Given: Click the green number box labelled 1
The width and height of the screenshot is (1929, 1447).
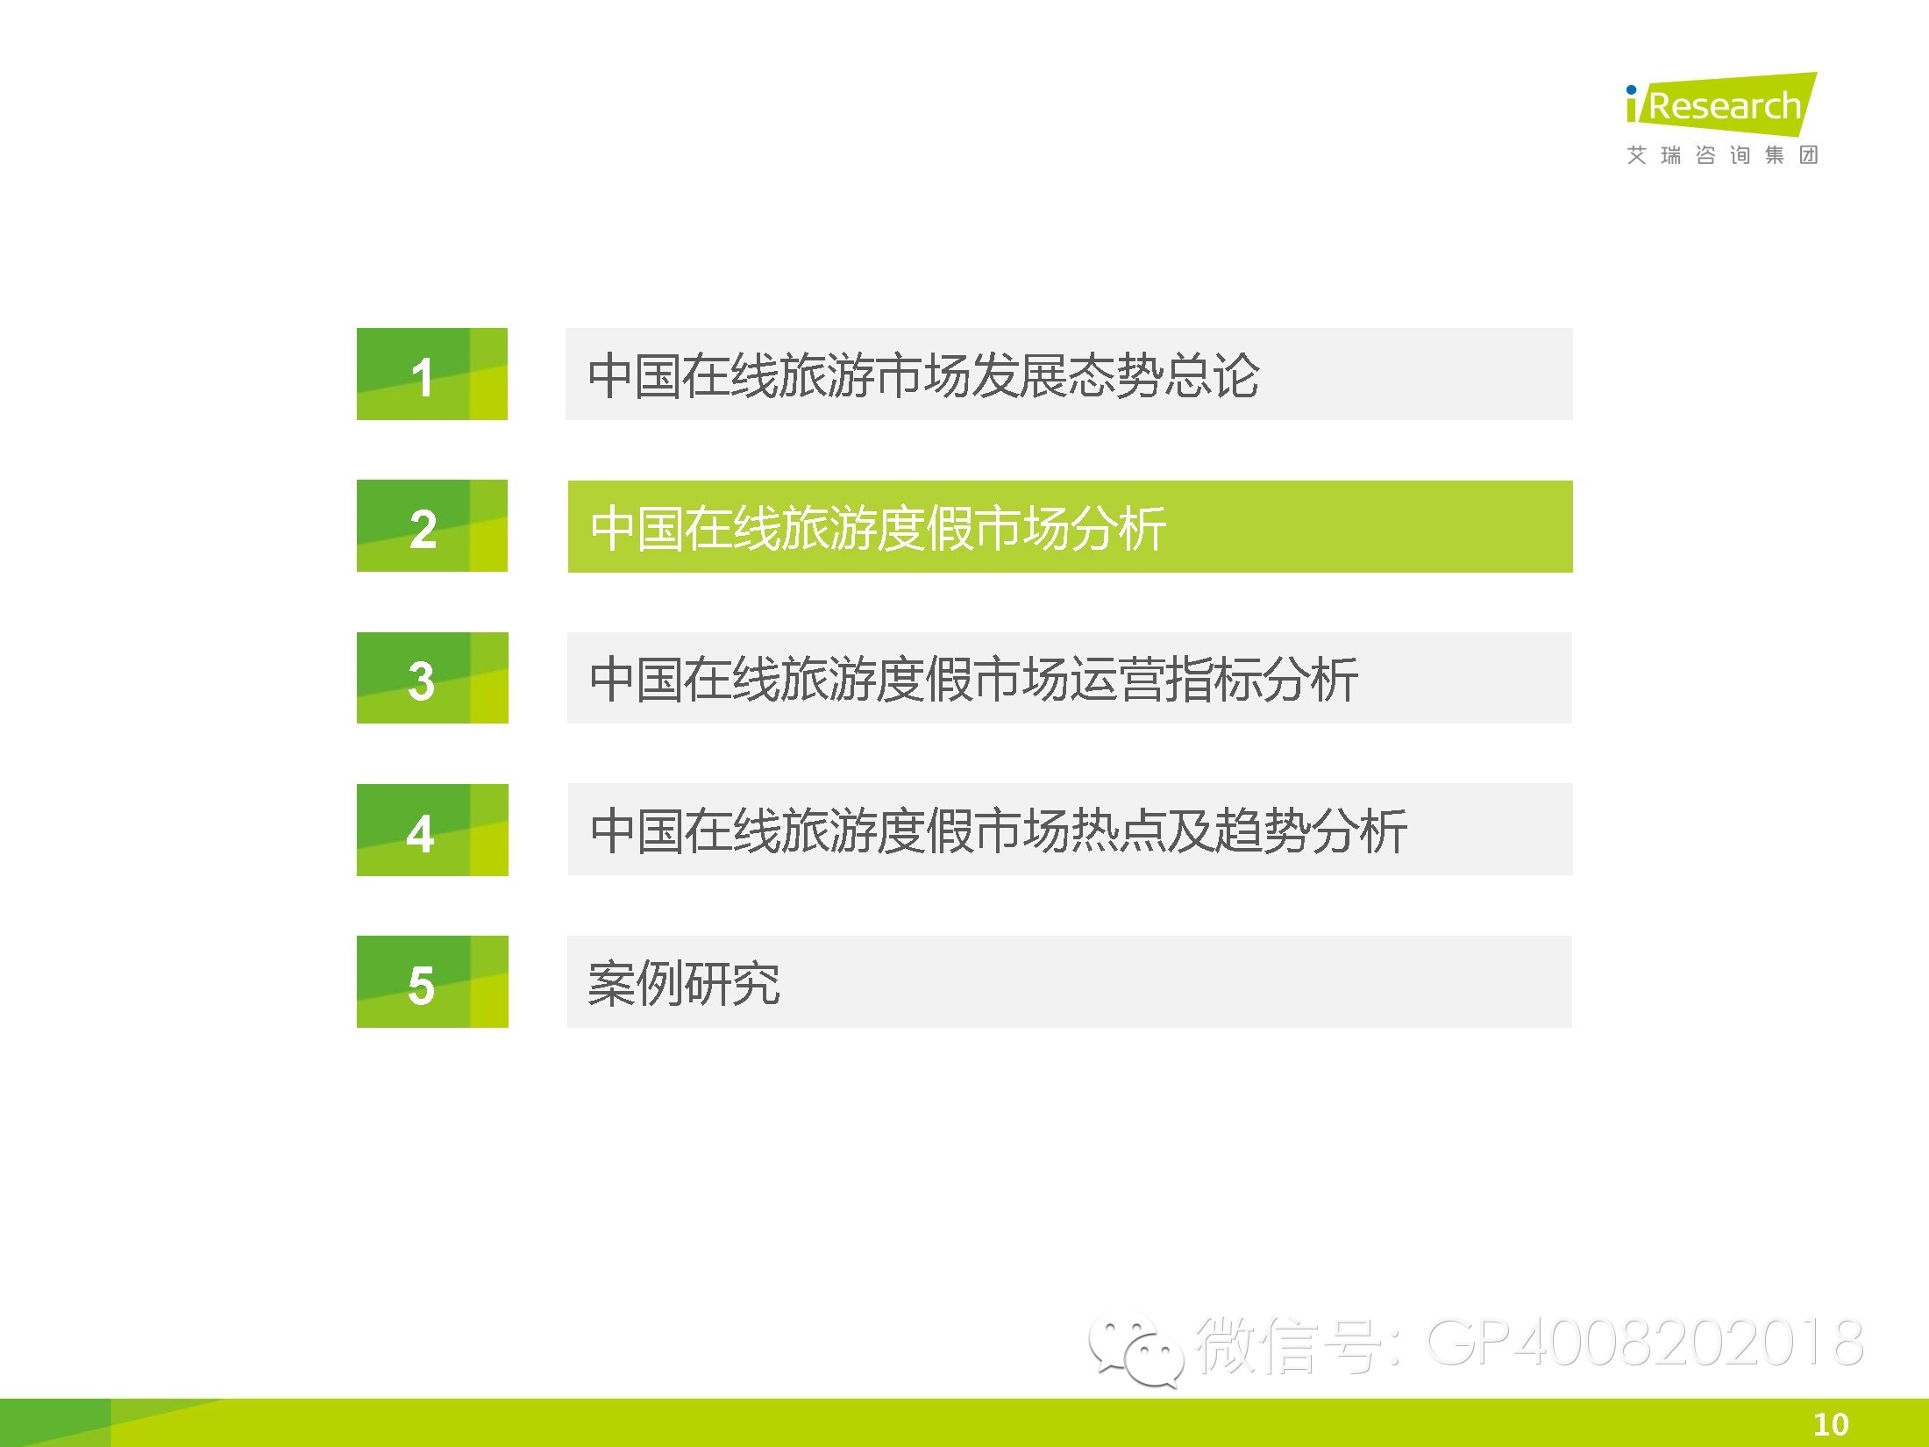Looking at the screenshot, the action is (432, 374).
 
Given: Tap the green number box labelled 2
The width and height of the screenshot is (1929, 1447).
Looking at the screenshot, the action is (432, 526).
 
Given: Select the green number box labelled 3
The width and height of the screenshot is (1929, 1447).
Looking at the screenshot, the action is (432, 678).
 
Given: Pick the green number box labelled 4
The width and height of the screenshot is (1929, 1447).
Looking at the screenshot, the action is (432, 830).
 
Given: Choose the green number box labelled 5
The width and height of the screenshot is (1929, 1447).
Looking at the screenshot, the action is (432, 981).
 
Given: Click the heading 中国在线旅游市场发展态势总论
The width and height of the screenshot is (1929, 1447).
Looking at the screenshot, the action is (923, 376).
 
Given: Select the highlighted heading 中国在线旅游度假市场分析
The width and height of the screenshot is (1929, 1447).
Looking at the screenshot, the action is (878, 528).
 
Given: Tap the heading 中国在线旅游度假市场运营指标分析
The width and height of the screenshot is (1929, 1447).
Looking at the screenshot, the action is (974, 680).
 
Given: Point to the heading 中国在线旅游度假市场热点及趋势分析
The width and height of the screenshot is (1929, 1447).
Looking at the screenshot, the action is (999, 831).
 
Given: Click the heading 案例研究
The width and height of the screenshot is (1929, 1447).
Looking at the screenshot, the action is (684, 983).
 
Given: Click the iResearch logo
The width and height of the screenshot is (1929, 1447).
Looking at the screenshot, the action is (1721, 104).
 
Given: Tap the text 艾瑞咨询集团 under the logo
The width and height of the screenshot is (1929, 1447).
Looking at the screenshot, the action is (1722, 155).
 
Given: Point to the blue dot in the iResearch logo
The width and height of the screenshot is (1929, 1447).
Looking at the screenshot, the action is (1631, 89).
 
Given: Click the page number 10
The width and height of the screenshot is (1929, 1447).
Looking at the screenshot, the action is (1831, 1424).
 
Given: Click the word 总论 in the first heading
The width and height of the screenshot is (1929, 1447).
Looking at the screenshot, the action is (1212, 376).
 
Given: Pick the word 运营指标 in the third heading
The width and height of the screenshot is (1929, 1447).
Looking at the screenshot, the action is (1166, 680).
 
